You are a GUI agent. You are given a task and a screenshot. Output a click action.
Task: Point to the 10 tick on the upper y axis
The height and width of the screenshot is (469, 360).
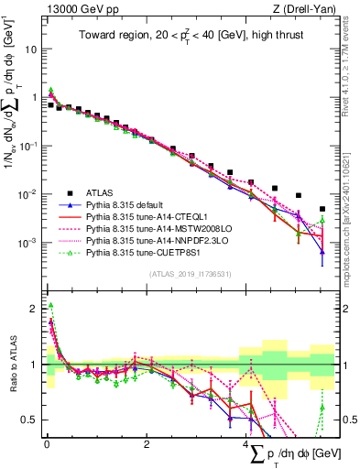pyautogui.click(x=31, y=49)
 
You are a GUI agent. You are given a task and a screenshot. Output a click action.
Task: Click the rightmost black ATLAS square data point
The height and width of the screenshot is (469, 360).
pyautogui.click(x=322, y=209)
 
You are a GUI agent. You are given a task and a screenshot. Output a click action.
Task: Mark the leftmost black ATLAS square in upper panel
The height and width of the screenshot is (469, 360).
pyautogui.click(x=50, y=105)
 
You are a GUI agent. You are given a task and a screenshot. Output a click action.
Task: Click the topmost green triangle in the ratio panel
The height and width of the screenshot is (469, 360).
pyautogui.click(x=50, y=306)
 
